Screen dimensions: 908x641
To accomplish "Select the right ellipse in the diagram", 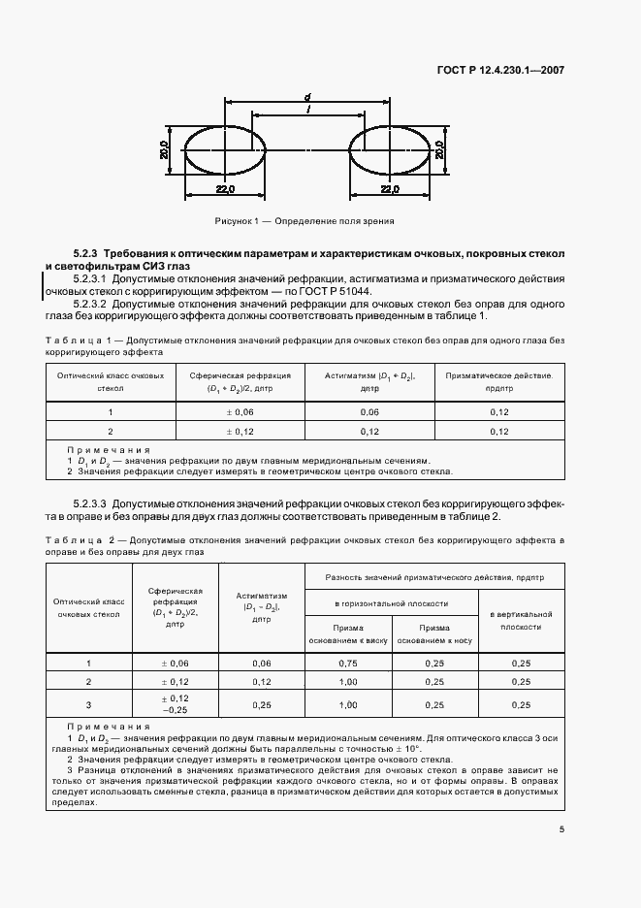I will click(391, 150).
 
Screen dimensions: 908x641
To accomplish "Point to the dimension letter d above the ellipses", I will click(306, 97).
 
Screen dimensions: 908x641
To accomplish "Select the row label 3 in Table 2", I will click(88, 704).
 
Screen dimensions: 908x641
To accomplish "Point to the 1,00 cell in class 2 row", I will click(347, 682).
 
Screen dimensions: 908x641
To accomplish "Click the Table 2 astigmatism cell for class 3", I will click(261, 704).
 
